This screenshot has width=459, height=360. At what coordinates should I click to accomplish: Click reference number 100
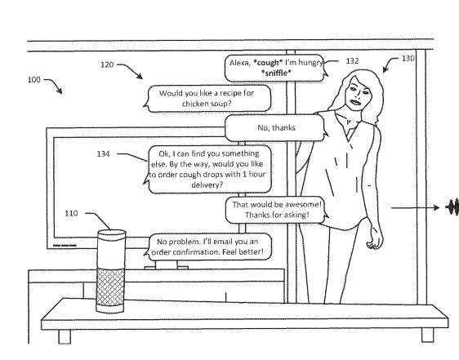(34, 80)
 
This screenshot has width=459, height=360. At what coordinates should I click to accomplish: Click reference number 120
(107, 64)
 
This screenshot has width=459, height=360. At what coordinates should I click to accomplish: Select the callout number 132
(352, 60)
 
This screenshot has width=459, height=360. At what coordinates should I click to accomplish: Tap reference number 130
(408, 58)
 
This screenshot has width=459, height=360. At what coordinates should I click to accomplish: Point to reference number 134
(104, 153)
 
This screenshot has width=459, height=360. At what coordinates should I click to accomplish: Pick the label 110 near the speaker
(71, 213)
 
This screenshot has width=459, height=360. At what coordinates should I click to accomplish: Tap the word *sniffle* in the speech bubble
(276, 73)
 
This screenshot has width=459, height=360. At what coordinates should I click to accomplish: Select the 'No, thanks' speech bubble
(275, 128)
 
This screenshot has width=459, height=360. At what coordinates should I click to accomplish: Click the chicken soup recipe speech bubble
(207, 99)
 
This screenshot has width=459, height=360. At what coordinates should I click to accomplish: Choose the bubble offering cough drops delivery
(207, 170)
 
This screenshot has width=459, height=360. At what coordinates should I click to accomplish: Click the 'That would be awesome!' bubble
(277, 210)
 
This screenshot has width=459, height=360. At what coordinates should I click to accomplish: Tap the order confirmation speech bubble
(208, 247)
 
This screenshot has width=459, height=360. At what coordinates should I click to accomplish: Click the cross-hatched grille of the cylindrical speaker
(110, 287)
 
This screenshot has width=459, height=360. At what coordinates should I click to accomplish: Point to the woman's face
(358, 92)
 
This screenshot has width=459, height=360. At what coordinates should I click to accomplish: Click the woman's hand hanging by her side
(375, 241)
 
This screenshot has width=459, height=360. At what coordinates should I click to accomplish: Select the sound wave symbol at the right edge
(452, 207)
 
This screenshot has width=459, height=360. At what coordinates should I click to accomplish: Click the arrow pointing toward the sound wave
(416, 208)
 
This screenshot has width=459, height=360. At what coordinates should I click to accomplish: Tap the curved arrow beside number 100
(54, 85)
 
